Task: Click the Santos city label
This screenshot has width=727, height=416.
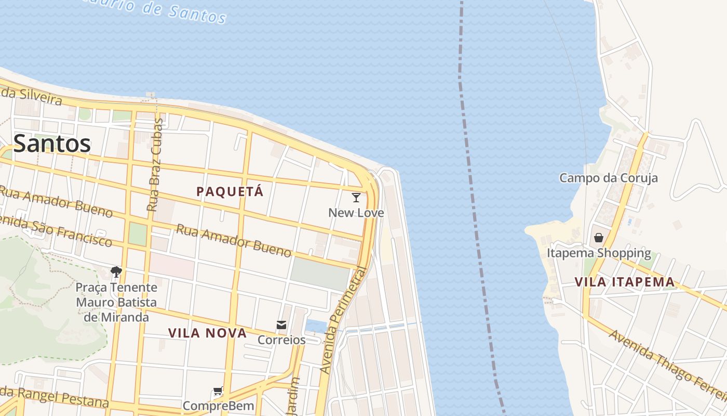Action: (52, 144)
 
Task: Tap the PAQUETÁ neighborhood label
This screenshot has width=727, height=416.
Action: (230, 191)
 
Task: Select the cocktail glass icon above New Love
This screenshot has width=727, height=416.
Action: (356, 198)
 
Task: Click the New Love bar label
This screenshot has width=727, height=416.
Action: (356, 213)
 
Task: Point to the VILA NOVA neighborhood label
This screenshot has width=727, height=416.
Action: (207, 333)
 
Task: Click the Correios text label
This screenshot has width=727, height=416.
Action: (281, 340)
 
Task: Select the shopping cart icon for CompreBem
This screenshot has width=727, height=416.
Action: (218, 392)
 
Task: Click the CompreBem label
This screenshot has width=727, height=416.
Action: (218, 406)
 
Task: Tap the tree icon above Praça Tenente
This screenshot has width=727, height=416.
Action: (116, 271)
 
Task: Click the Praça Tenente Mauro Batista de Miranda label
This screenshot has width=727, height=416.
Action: (116, 302)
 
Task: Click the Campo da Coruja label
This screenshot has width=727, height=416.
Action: (608, 178)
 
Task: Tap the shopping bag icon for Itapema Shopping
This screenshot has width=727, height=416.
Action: (599, 238)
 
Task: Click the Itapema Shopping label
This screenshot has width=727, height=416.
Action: (599, 253)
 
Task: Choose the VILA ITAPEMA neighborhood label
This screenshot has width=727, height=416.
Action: (625, 282)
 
